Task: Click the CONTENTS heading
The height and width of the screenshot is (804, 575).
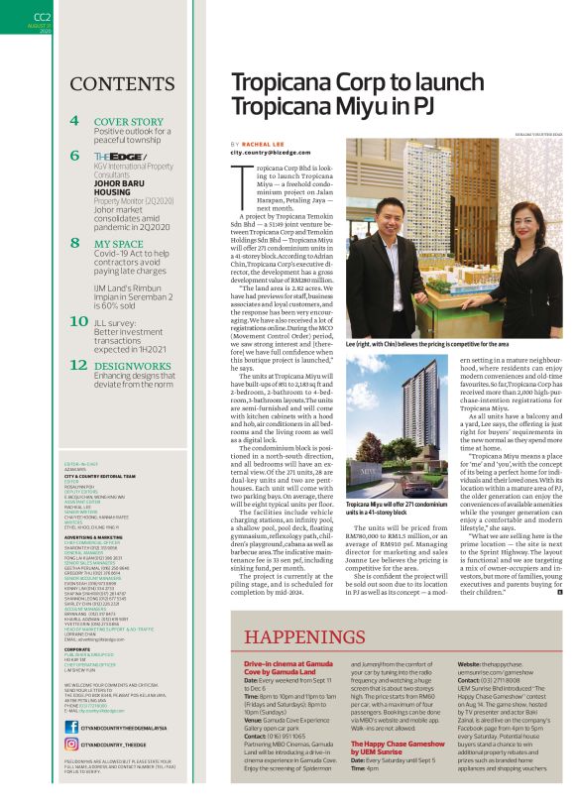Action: tap(123, 83)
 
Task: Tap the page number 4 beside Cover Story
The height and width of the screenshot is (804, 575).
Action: tap(75, 121)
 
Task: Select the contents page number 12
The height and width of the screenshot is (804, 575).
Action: tap(78, 365)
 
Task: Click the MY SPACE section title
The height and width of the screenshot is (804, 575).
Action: tap(118, 243)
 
